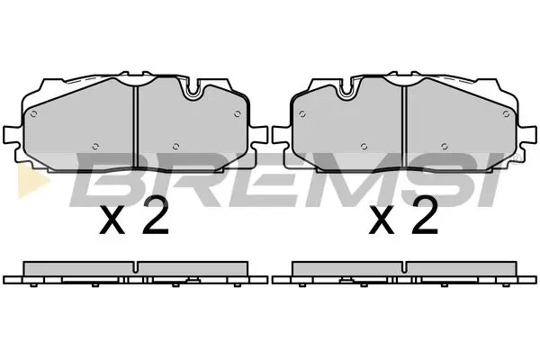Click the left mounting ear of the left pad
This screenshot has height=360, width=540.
(x=10, y=137)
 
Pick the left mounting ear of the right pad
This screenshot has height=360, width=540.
(x=280, y=137)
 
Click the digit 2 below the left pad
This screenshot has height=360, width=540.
(x=156, y=218)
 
